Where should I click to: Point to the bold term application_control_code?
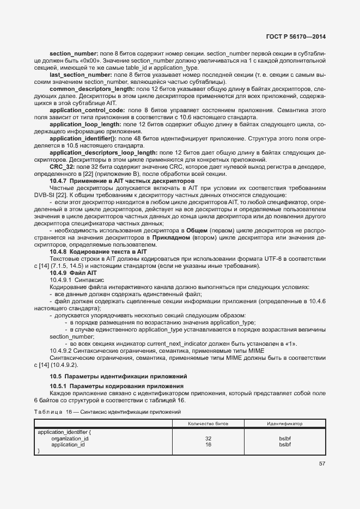[87, 110]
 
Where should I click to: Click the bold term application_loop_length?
[86, 125]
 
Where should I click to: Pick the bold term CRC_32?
[60, 167]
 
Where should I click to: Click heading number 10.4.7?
[58, 181]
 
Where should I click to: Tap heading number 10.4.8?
[58, 252]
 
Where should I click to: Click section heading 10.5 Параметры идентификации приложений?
[118, 376]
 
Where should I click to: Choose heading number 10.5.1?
[58, 386]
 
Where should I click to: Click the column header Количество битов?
[208, 423]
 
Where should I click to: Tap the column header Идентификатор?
[285, 423]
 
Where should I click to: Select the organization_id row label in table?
[70, 438]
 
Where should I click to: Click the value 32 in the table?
[208, 438]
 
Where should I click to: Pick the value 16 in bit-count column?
[208, 444]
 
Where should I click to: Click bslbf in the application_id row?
[285, 444]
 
